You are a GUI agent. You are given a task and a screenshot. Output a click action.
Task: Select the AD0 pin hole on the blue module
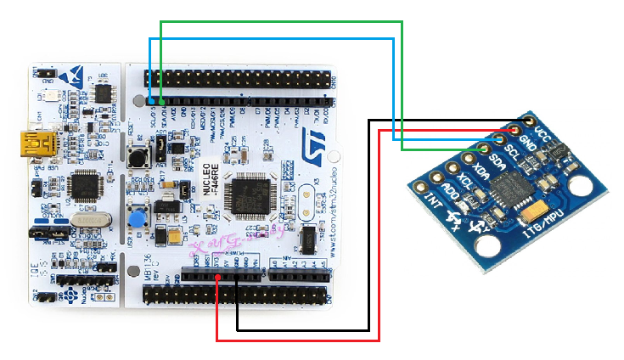[x=436, y=175]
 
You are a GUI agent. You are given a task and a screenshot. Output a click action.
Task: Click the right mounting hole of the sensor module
[x=581, y=184]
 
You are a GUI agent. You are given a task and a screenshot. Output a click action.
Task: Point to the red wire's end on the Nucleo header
[x=218, y=276]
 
